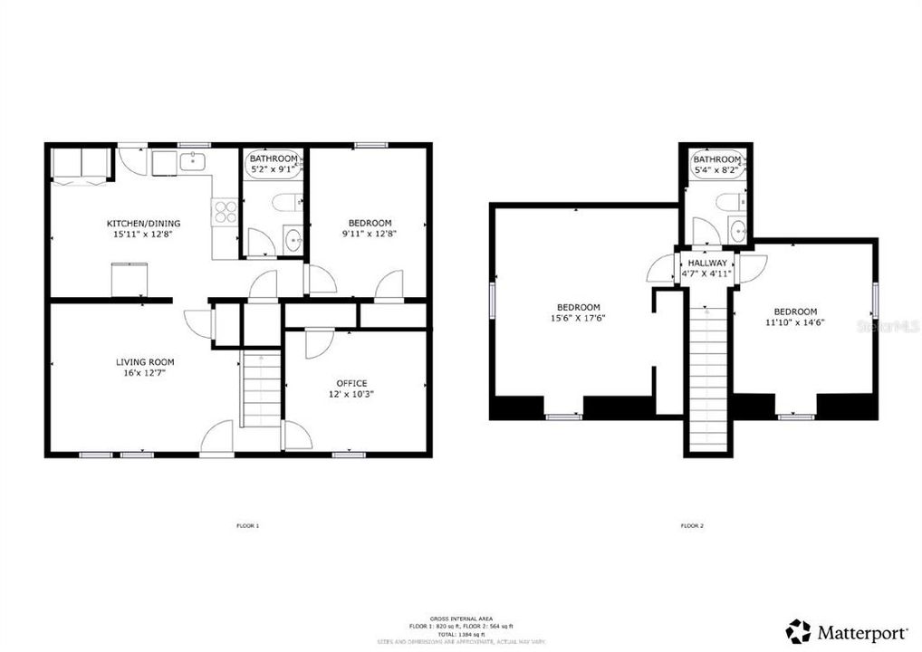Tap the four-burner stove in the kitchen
pos(224,212)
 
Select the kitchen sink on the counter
pos(192,162)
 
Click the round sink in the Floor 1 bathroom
pos(293,241)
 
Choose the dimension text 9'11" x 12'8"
pos(370,234)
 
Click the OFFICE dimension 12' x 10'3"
pos(351,394)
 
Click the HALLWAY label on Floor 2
pos(706,263)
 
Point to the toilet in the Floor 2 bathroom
pos(727,201)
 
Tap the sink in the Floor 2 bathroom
pos(737,227)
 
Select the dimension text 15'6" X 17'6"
pos(576,318)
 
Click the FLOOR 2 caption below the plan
pos(692,525)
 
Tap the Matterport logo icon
pos(797,630)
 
